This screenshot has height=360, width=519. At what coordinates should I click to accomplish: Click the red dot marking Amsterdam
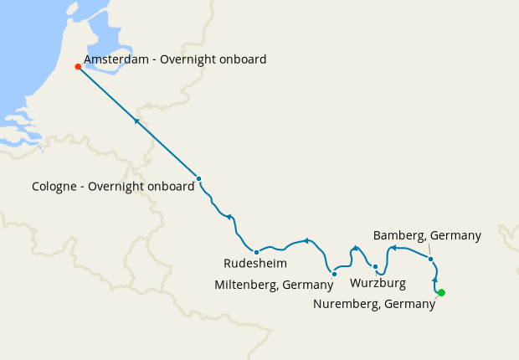tap(78, 67)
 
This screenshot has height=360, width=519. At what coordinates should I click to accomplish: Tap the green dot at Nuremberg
tap(441, 292)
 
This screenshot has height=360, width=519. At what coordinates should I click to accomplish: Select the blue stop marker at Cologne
tap(198, 178)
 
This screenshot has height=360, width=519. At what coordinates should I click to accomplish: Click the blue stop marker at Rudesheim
tap(256, 252)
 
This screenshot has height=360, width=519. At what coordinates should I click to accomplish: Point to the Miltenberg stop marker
tap(334, 274)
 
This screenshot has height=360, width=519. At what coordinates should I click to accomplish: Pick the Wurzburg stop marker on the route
tap(375, 267)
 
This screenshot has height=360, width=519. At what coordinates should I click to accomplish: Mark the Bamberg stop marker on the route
tap(430, 259)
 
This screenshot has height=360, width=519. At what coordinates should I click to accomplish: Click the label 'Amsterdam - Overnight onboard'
tap(175, 59)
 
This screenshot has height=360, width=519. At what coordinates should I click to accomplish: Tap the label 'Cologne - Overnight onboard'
tap(112, 187)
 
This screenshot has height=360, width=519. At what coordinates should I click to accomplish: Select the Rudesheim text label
tap(254, 264)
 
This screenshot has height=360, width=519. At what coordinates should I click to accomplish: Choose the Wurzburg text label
tap(378, 283)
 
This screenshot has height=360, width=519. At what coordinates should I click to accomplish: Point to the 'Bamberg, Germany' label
tap(427, 235)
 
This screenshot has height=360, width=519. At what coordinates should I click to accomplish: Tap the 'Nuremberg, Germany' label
tap(374, 304)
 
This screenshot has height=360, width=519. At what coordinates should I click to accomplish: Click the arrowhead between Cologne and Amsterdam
tap(136, 121)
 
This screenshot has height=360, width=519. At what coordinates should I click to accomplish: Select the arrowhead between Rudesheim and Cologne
tap(229, 217)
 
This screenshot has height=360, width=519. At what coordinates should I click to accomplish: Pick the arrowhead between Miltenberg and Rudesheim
tap(307, 241)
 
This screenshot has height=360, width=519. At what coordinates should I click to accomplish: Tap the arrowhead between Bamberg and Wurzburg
tap(393, 248)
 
